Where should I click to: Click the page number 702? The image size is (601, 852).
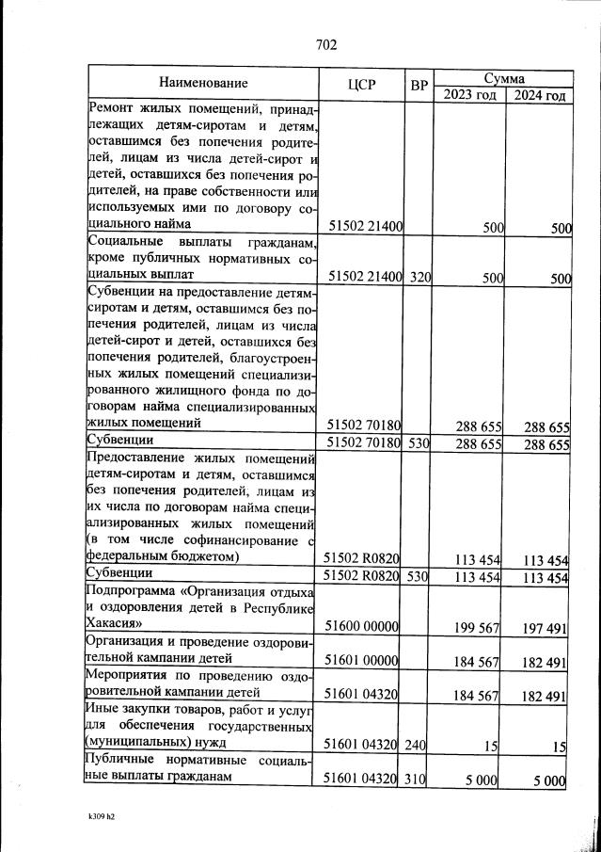(x=326, y=45)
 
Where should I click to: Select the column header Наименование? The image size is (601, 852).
(x=203, y=83)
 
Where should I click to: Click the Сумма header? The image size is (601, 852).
(x=503, y=77)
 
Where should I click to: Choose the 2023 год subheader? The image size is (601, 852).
(x=467, y=95)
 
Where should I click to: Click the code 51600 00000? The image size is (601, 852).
(x=363, y=626)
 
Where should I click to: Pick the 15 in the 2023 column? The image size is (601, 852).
(x=494, y=746)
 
